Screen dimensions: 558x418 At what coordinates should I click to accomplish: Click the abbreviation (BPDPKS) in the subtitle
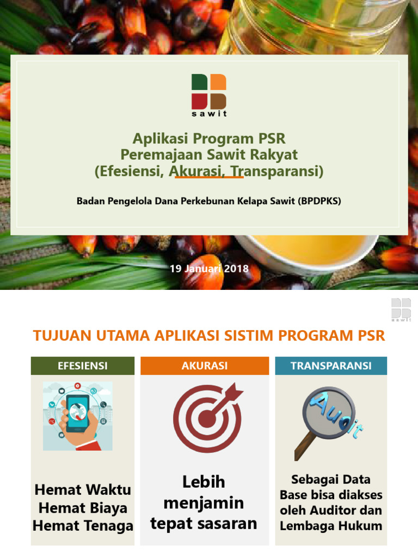[x=319, y=201]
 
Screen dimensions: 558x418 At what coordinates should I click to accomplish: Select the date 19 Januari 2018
[x=209, y=269]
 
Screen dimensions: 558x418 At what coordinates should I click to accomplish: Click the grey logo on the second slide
[x=401, y=310]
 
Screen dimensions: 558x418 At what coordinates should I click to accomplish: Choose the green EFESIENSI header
[x=83, y=366]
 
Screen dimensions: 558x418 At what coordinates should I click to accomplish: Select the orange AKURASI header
[x=205, y=366]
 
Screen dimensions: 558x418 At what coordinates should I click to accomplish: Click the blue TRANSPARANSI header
[x=331, y=366]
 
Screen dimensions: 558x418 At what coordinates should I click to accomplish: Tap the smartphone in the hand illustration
[x=77, y=413]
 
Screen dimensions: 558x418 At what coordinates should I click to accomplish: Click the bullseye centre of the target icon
[x=207, y=418]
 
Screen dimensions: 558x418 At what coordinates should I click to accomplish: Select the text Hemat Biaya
[x=83, y=508]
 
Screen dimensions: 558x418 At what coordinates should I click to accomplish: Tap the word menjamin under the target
[x=204, y=502]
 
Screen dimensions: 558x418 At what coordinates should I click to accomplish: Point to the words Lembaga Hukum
[x=331, y=526]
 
